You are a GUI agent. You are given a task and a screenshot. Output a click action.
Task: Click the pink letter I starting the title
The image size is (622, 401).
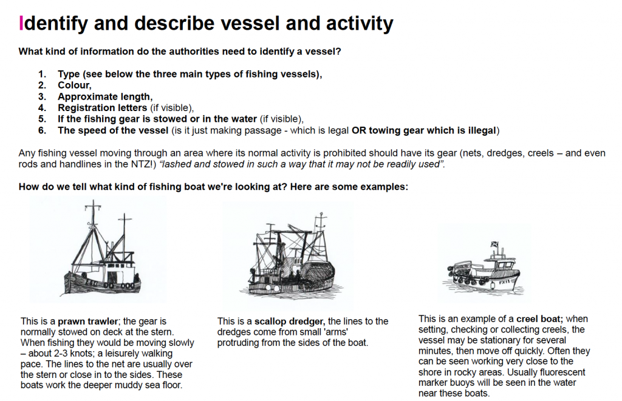pos(21,23)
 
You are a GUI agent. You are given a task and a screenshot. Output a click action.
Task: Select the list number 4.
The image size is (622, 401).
pos(42,108)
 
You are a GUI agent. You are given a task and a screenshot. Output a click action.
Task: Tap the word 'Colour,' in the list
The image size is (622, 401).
pos(75,85)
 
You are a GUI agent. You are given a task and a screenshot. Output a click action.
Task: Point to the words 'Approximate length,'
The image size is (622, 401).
pos(105,96)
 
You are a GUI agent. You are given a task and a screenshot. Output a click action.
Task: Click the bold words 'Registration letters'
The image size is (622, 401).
pos(102,108)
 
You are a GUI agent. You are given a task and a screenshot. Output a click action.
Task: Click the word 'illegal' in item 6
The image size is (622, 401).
pos(482,130)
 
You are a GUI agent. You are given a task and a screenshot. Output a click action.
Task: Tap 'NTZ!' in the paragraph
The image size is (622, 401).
pos(141,164)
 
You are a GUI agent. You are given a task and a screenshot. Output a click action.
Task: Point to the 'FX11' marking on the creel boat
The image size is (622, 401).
pos(504,282)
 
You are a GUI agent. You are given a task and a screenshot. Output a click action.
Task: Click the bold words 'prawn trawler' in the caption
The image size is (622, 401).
pos(87,322)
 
